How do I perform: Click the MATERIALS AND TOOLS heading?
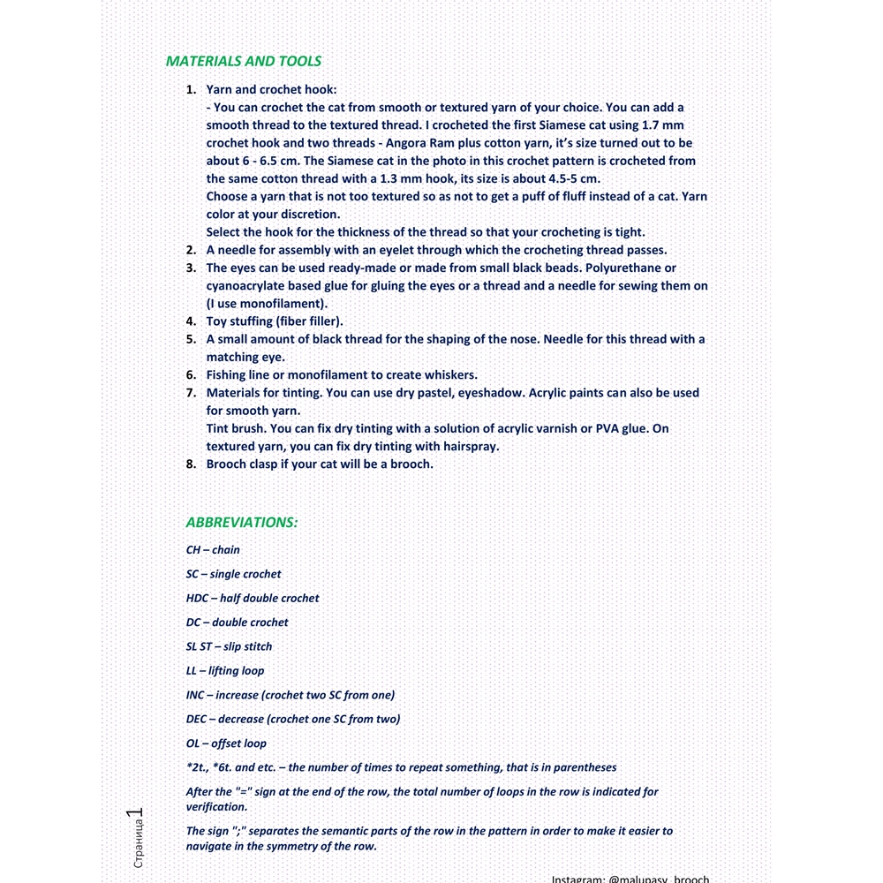click(x=244, y=62)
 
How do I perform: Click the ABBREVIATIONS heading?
click(x=242, y=523)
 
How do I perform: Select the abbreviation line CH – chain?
click(x=213, y=550)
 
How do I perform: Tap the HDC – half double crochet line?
click(x=253, y=599)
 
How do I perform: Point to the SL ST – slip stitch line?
click(x=229, y=647)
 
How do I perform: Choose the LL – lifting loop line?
click(x=225, y=671)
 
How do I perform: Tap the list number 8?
click(x=191, y=464)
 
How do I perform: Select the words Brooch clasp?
click(x=241, y=464)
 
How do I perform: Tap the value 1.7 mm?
click(x=662, y=125)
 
